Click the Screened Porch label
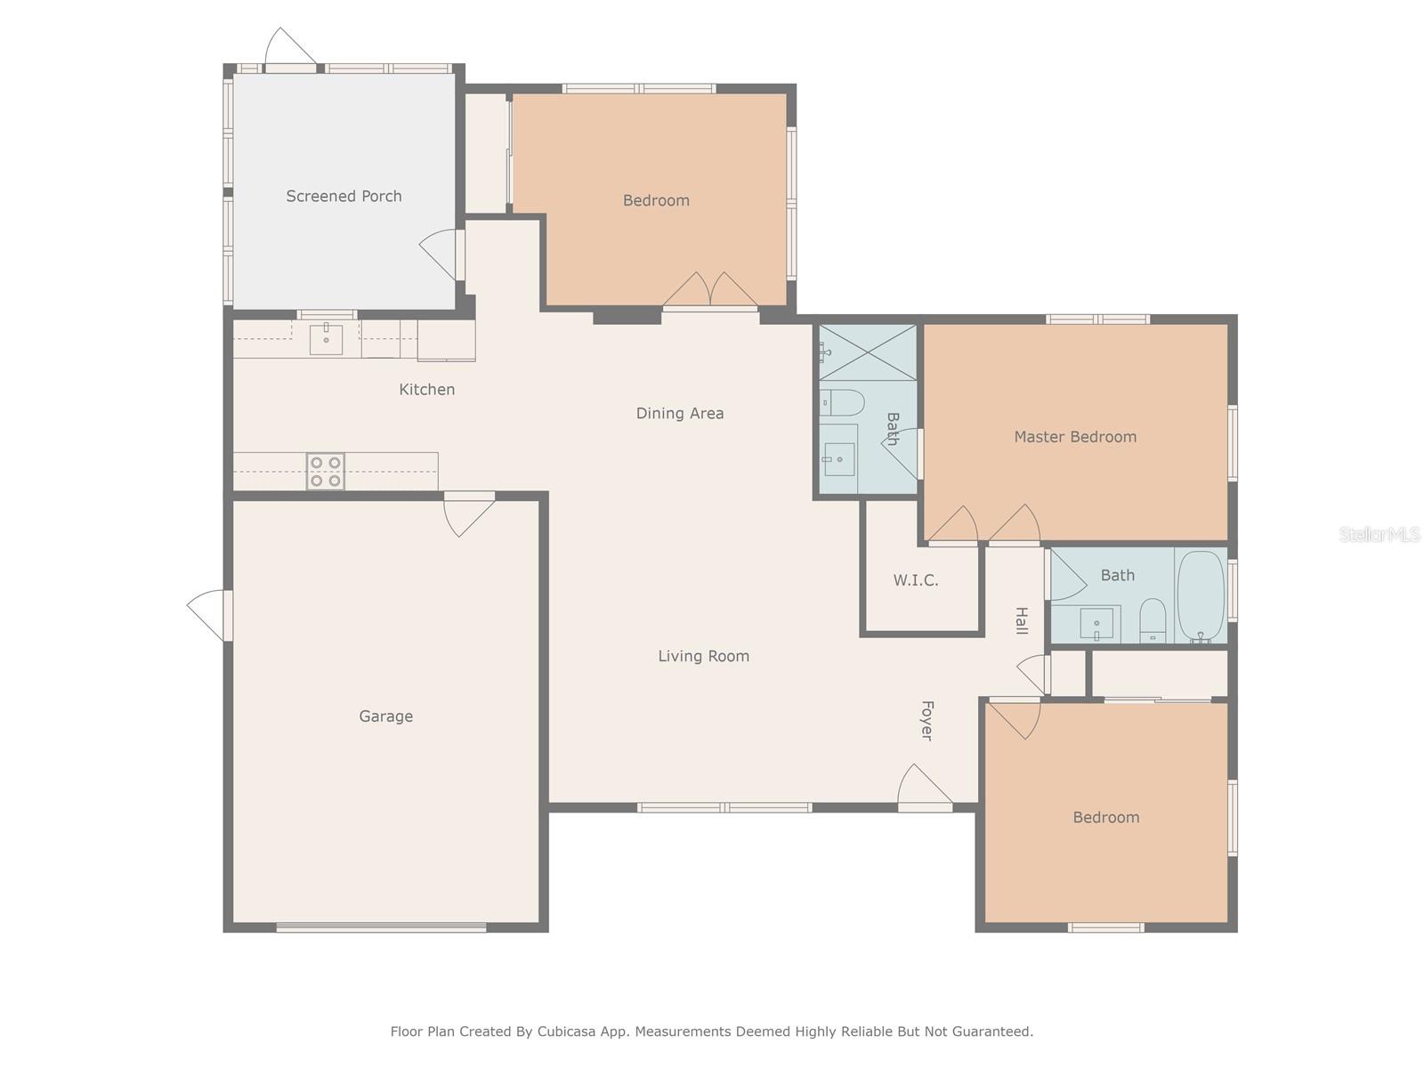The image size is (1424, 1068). tap(344, 196)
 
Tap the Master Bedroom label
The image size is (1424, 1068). tap(1075, 437)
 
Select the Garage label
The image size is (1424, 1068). tap(386, 716)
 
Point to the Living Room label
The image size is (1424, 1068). tap(704, 656)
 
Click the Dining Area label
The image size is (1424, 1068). tap(679, 413)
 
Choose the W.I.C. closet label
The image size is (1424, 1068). tap(916, 580)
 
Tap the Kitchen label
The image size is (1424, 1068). tap(426, 389)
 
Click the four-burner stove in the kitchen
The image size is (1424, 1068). tap(325, 472)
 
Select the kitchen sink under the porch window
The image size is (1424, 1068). tap(326, 339)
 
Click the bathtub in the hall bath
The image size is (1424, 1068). tap(1201, 596)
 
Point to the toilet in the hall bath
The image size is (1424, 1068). tap(1153, 620)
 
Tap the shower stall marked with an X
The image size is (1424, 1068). tap(868, 352)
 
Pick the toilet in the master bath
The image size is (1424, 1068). tap(842, 402)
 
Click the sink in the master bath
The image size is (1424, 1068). tap(839, 458)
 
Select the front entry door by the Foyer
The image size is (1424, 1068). tap(925, 787)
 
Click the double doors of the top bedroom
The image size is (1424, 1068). tap(710, 289)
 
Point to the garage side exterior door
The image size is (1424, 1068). tap(209, 615)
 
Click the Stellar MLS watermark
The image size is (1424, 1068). tap(1379, 534)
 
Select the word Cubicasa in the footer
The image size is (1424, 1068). tap(566, 1031)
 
